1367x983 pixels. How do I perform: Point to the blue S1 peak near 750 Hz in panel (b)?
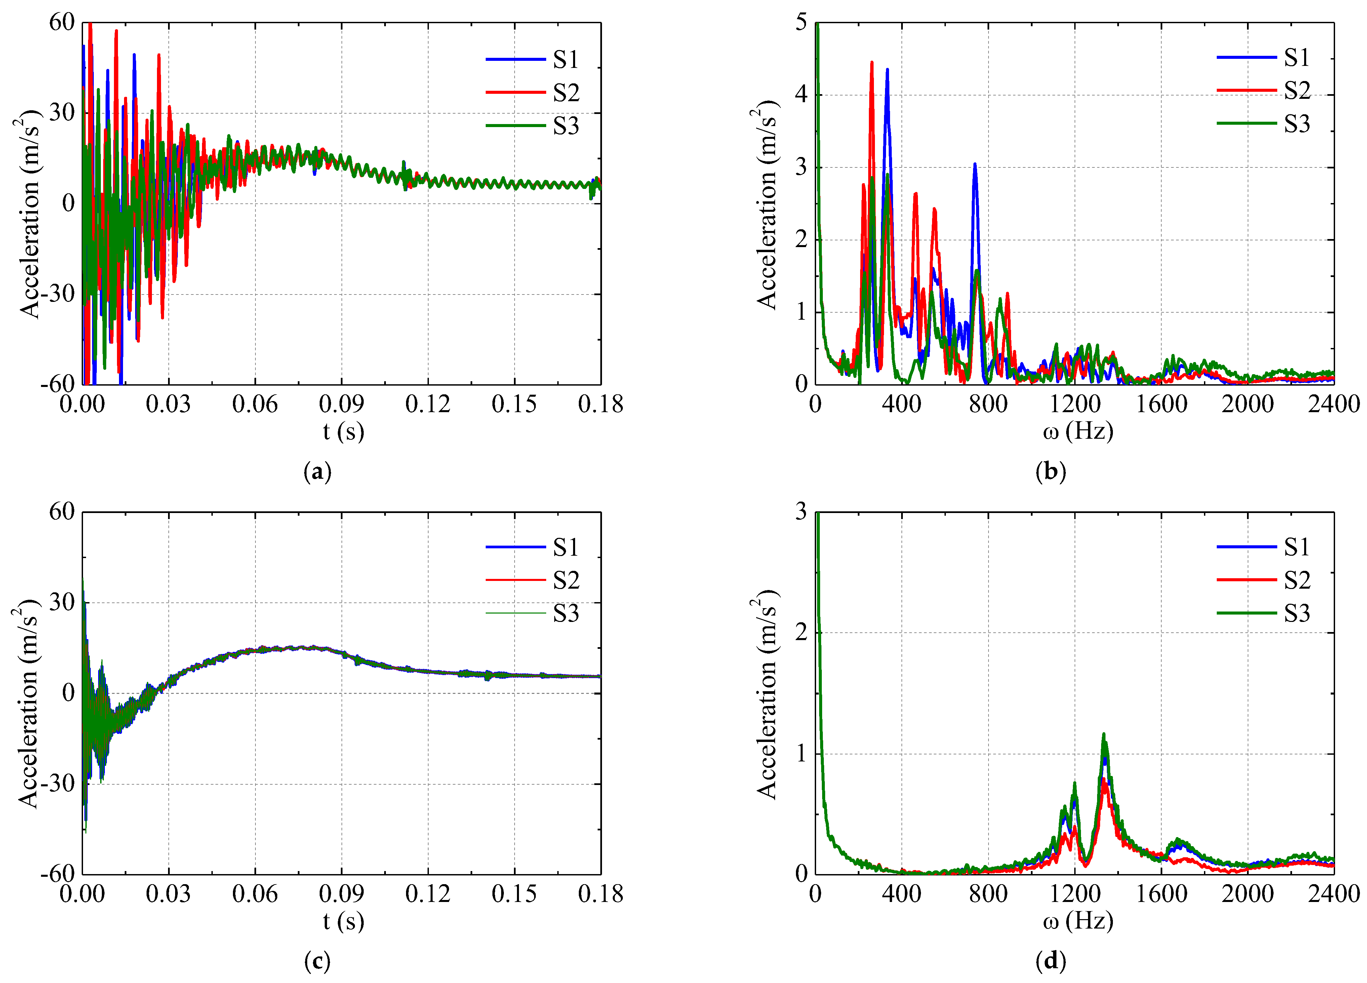coord(975,164)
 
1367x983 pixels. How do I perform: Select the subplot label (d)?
coord(1051,961)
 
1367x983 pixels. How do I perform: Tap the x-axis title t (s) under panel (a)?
coord(343,432)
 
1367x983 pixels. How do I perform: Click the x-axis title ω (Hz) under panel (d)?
coord(1078,921)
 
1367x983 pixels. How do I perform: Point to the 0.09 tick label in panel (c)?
coord(341,894)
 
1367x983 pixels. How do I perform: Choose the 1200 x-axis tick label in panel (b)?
coord(1075,404)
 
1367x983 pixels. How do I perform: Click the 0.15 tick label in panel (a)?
coord(514,404)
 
